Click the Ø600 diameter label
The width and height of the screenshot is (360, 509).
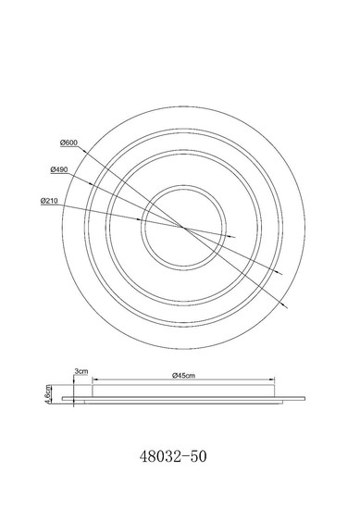tap(69, 143)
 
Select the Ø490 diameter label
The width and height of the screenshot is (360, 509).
tap(59, 169)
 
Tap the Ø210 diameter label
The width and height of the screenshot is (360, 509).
tap(49, 201)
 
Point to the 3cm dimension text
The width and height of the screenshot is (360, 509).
tap(81, 371)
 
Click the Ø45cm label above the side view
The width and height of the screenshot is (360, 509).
tap(184, 376)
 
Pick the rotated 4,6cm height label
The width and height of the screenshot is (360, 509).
tap(48, 394)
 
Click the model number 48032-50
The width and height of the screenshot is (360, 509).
tap(173, 456)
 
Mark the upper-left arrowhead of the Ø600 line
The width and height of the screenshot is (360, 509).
tap(83, 150)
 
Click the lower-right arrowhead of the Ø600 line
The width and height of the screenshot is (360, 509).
tap(284, 305)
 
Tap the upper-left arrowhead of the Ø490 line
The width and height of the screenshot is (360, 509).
tap(93, 184)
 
